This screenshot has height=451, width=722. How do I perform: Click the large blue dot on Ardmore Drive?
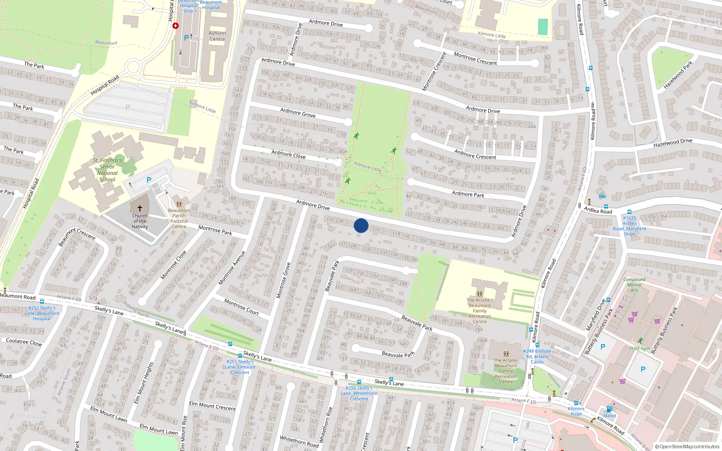tap(361, 225)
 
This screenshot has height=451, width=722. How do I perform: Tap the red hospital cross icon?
tap(176, 26)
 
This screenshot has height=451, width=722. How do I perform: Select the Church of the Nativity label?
tap(140, 221)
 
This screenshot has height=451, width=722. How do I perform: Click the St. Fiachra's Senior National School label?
tap(107, 170)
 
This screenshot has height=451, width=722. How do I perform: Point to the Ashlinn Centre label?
tap(217, 36)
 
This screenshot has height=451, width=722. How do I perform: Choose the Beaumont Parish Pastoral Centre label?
tap(179, 218)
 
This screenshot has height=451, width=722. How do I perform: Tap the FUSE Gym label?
tap(640, 348)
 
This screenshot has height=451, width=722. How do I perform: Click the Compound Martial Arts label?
tap(634, 285)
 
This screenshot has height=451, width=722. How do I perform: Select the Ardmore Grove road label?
tap(298, 113)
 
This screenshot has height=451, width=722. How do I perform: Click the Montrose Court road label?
tap(241, 307)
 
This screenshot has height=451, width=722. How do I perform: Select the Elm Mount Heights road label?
tap(144, 383)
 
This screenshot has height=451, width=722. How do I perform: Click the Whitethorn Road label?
tap(299, 441)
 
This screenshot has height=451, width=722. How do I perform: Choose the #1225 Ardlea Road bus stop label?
tap(629, 226)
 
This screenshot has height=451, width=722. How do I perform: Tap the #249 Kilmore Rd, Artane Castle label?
tap(537, 356)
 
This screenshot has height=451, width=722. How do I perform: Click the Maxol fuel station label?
tap(609, 415)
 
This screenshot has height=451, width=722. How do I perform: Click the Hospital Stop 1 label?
tap(189, 8)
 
